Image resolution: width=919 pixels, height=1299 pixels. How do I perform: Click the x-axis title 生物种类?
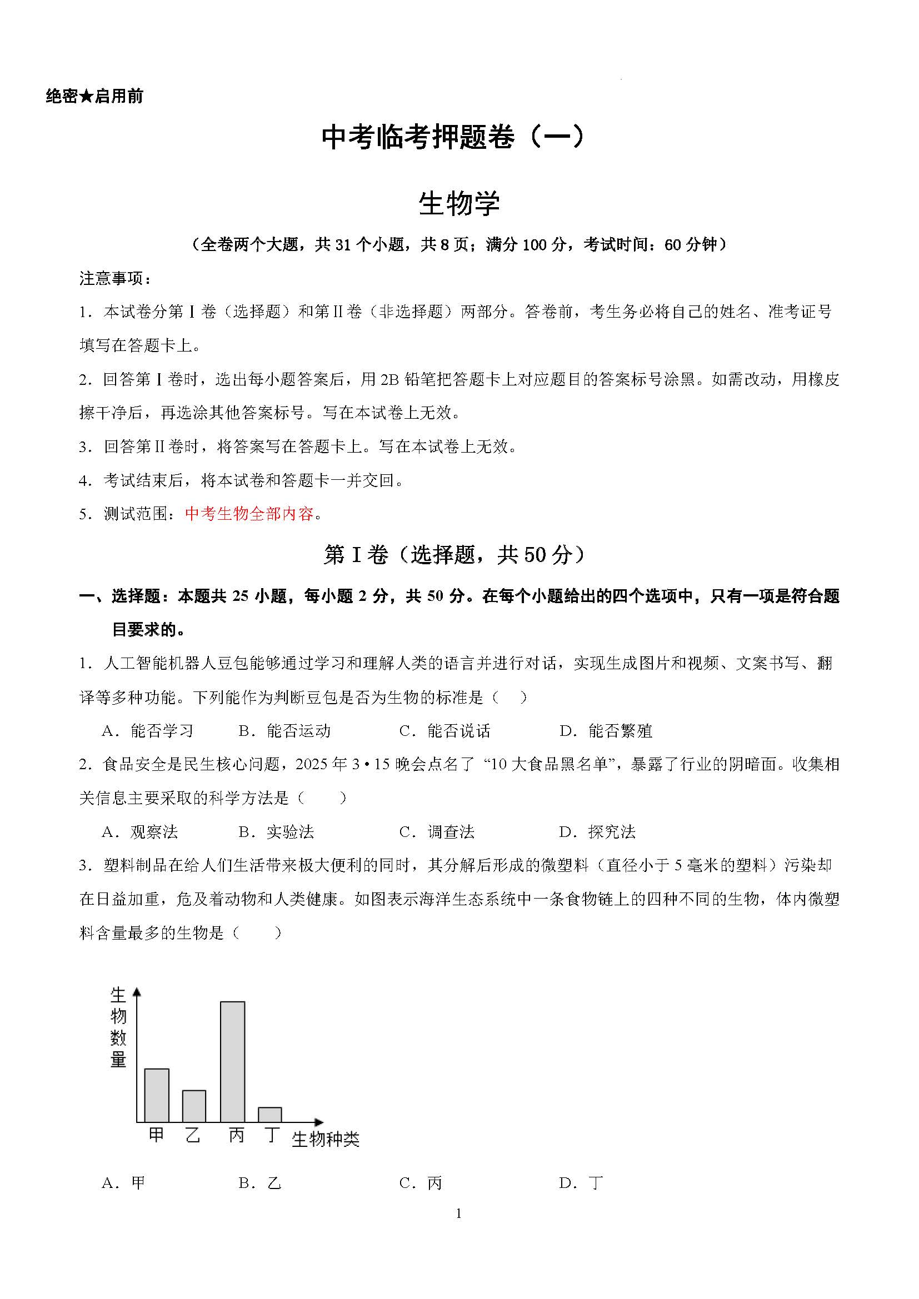coord(326,1140)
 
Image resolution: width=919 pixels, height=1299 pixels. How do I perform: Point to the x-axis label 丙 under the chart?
coord(237,1135)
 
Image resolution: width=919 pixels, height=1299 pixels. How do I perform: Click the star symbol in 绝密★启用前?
coord(86,97)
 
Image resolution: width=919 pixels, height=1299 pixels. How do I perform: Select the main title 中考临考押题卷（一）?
coord(453,138)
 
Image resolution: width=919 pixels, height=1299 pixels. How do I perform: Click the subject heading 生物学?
coord(459,204)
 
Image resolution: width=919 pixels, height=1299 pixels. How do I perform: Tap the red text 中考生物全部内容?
coord(249,514)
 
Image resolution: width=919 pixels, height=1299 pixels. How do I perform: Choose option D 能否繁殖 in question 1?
coord(606,731)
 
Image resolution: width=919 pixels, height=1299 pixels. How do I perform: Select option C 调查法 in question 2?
coord(437,832)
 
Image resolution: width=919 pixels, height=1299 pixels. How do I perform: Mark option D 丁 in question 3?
coord(581,1183)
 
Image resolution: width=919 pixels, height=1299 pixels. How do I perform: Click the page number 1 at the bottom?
coord(458,1213)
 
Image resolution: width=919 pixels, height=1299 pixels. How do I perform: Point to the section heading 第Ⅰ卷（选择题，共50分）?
coord(453,555)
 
